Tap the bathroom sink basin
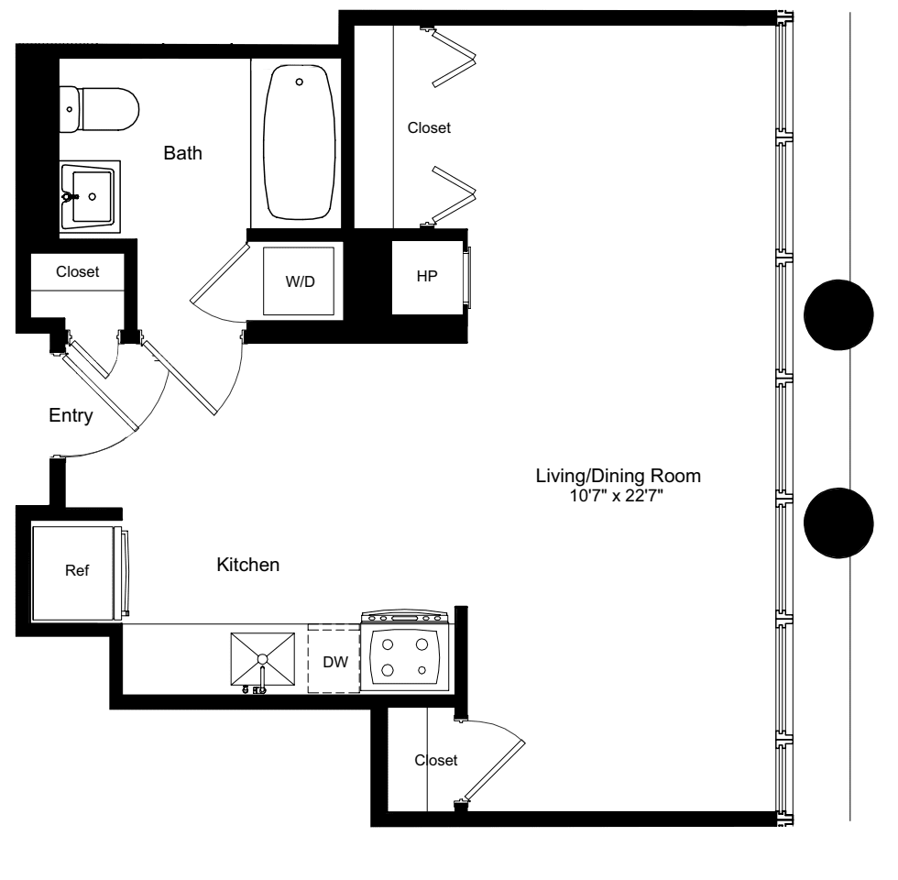(91, 195)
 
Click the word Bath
(182, 153)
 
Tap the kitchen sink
(263, 658)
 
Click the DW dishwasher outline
(334, 660)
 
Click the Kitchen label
(247, 566)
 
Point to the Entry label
(71, 416)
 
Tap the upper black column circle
(838, 313)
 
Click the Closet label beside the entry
(77, 272)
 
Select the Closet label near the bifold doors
(429, 128)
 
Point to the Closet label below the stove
(435, 760)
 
